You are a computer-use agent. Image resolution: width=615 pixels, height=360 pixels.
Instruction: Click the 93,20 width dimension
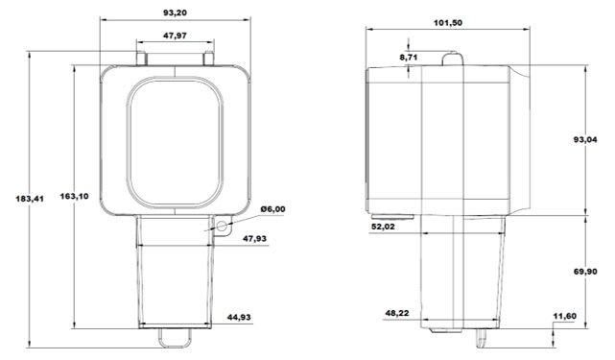click(175, 12)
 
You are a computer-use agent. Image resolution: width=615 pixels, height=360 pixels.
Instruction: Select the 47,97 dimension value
click(175, 36)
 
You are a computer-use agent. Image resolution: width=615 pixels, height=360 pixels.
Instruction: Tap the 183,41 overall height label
click(30, 199)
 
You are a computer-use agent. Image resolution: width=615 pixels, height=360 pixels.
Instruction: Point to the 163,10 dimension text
click(74, 196)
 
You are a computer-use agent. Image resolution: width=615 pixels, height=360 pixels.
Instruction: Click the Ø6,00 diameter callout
click(273, 209)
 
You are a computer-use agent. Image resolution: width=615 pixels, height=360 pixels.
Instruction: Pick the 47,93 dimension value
click(254, 238)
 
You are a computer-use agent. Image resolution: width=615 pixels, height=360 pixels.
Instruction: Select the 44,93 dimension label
click(239, 317)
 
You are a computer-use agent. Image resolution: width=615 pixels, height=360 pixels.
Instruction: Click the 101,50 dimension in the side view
click(447, 23)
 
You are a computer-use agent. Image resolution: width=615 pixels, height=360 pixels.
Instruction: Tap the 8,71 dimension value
click(409, 58)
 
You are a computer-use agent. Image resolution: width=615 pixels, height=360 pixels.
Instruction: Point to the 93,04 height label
click(585, 139)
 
